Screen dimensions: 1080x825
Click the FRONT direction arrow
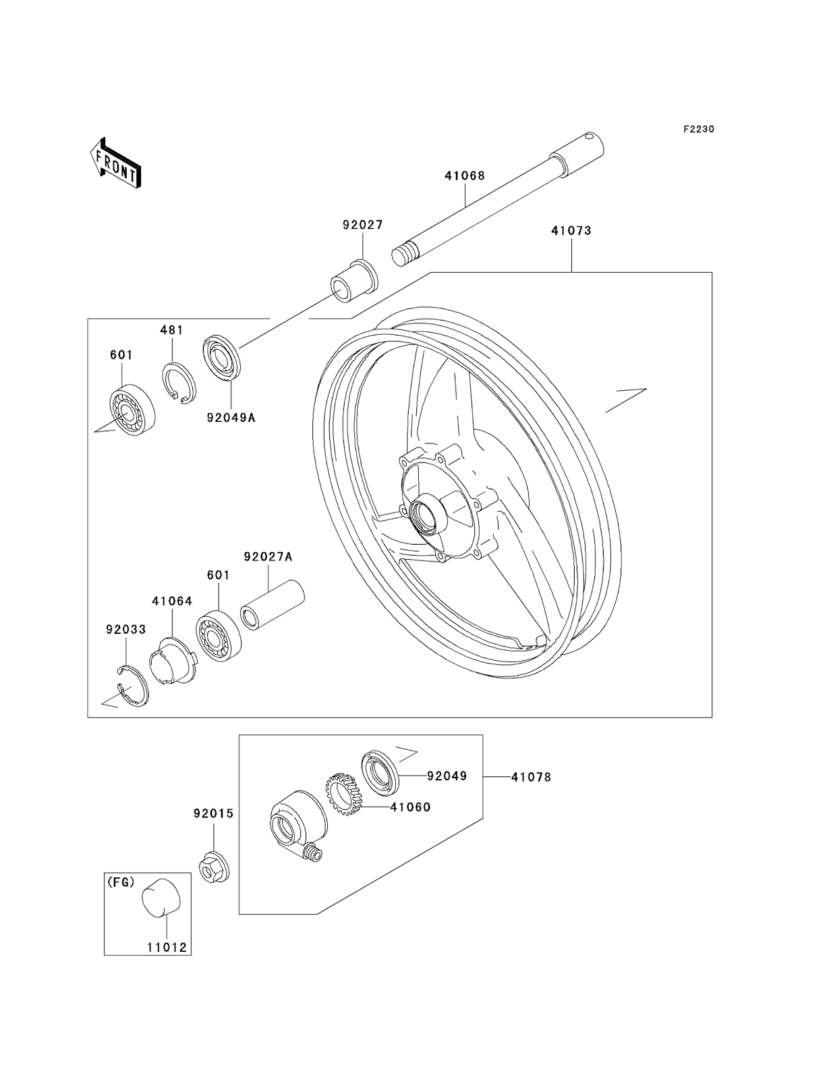(115, 163)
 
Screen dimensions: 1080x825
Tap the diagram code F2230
(698, 129)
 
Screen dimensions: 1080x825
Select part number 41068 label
(464, 175)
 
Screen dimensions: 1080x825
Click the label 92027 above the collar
(362, 225)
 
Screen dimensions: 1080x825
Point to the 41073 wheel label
(571, 230)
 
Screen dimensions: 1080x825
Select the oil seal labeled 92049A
(221, 355)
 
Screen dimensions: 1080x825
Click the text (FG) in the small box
(121, 881)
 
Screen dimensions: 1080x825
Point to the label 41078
(531, 777)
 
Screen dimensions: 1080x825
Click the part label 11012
(166, 947)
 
